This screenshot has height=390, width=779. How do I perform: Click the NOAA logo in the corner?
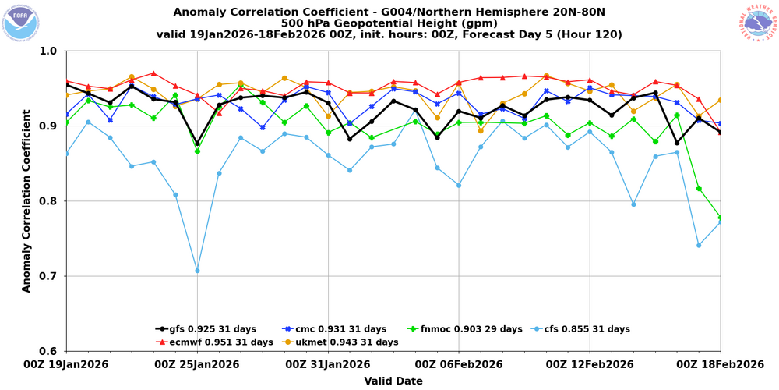[22, 22]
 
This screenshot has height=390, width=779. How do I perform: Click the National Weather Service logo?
[758, 22]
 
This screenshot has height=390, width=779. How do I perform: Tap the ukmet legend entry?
[348, 342]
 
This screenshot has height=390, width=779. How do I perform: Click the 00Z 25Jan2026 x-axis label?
[197, 364]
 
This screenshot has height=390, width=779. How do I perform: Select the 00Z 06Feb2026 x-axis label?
[458, 364]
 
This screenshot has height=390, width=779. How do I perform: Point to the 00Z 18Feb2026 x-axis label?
[719, 364]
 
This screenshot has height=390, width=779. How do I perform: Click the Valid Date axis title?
[393, 381]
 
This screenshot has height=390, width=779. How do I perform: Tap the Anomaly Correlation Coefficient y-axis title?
[26, 201]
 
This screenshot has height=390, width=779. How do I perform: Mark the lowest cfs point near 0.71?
[197, 271]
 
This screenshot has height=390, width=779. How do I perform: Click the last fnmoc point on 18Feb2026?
[721, 218]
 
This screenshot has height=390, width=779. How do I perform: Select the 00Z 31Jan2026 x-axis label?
[327, 364]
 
